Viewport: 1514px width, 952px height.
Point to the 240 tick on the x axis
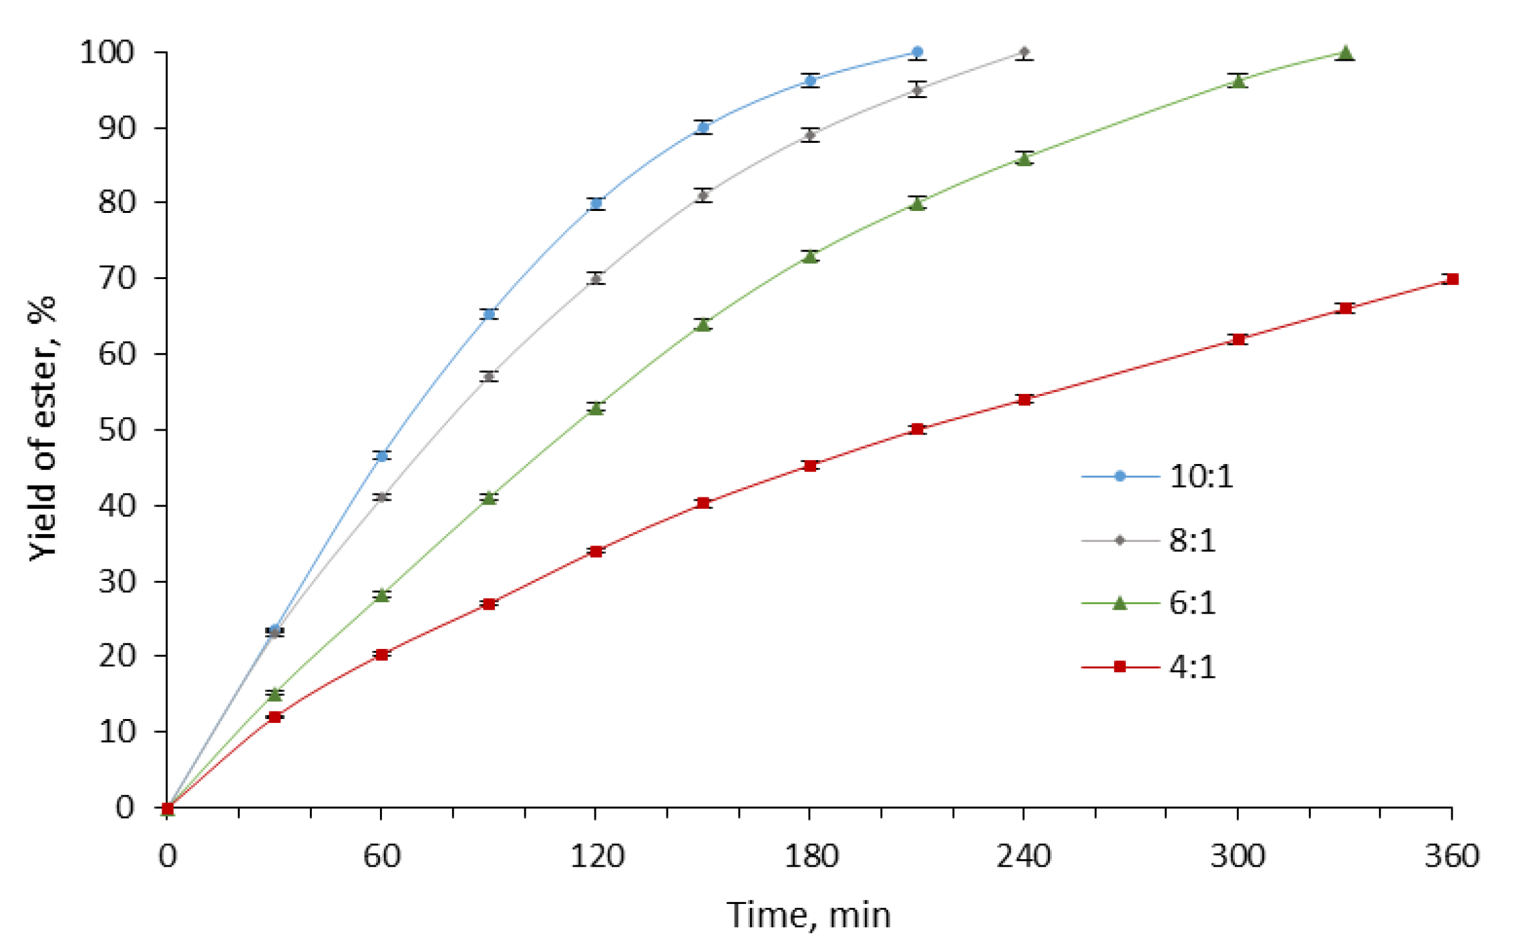coord(1024,857)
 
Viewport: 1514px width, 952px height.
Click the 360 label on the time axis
coord(1452,857)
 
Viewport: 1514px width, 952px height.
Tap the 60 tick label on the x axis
coord(381,857)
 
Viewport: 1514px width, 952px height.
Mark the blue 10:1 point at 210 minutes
coord(918,52)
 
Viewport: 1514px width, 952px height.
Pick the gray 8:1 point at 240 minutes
coord(1024,52)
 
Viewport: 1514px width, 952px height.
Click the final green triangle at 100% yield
coord(1346,53)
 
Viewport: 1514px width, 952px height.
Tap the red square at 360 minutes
coord(1452,279)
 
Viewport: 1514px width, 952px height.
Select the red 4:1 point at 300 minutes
coord(1239,339)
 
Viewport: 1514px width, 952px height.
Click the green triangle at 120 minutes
coord(596,408)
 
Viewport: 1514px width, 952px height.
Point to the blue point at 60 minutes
coord(382,456)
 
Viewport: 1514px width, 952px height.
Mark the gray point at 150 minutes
coord(703,196)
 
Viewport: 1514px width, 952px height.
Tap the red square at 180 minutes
coord(810,466)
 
